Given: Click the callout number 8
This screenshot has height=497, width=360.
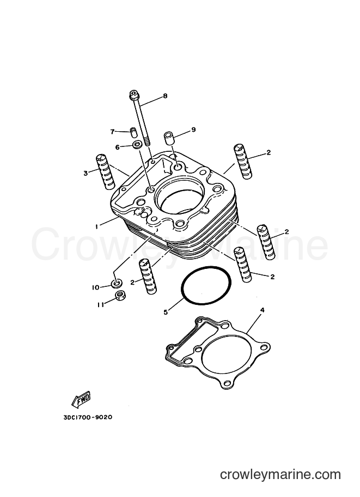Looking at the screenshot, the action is click(165, 96).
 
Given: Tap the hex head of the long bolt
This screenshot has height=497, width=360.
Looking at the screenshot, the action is click(133, 95).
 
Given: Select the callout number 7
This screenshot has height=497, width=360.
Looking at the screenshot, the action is click(112, 132).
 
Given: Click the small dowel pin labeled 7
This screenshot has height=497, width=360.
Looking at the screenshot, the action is click(133, 132).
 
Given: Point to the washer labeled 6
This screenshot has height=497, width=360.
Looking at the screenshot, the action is click(138, 145).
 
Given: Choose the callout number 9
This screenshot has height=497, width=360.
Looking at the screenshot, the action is click(193, 130).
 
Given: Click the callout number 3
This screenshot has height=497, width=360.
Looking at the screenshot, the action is click(86, 173).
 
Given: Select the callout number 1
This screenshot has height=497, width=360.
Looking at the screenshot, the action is click(96, 226).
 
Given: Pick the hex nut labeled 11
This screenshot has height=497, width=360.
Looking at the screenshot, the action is click(120, 296).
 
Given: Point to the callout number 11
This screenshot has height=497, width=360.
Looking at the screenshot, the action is click(101, 305).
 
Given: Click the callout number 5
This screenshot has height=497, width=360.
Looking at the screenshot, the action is click(165, 312).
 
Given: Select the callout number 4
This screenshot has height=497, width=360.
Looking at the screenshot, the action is click(262, 310).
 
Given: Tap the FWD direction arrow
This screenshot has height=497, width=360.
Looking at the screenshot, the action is click(82, 400).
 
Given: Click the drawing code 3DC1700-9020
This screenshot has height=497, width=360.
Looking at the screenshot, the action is click(88, 417).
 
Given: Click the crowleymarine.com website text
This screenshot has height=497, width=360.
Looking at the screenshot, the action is click(280, 475).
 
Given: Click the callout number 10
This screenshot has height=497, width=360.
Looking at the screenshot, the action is click(95, 287).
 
